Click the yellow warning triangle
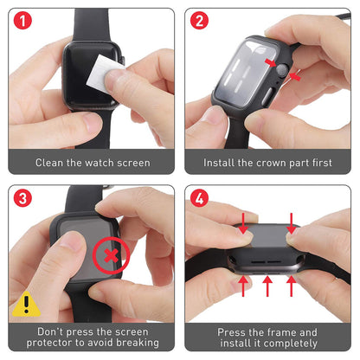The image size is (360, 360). tap(26, 305)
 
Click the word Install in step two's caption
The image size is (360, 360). tap(222, 162)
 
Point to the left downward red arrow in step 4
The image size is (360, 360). tap(243, 223)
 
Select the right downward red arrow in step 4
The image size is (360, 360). tap(292, 223)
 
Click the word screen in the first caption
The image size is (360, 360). tap(132, 162)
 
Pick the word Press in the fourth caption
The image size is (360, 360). tap(235, 331)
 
